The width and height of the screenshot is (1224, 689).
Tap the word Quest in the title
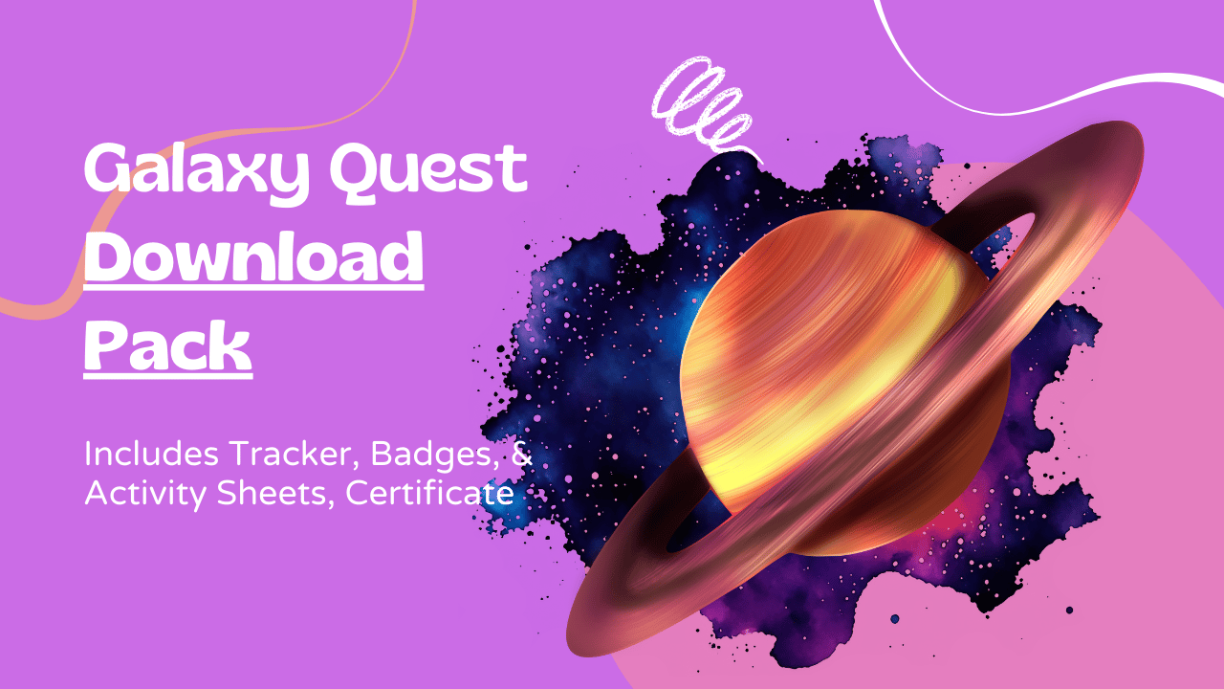coord(429,169)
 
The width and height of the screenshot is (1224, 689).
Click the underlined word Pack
coord(167,345)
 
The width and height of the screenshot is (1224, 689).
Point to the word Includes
coord(151,454)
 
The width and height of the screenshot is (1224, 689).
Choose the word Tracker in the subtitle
coord(294,455)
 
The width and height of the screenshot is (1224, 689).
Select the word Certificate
coord(429,493)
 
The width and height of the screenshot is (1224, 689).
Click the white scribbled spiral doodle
coord(704,106)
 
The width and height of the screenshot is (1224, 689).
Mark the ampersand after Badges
coord(522,455)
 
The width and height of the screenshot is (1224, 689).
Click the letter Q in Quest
coord(355,170)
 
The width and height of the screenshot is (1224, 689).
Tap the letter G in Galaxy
coord(108,167)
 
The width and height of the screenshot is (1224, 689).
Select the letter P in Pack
coord(106,344)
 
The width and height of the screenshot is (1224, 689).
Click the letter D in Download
coord(109,255)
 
